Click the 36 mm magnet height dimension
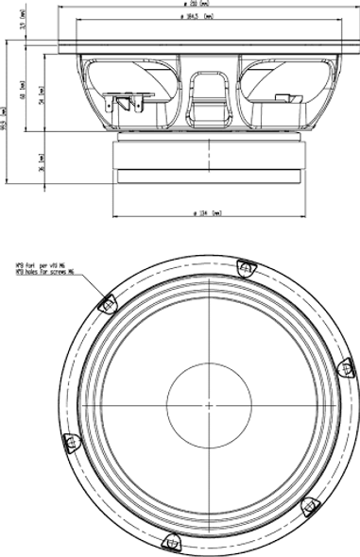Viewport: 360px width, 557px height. tap(41, 161)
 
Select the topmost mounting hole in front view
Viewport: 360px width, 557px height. tap(248, 269)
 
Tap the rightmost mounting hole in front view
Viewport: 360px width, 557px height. tap(345, 366)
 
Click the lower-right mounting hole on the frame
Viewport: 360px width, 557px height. tap(310, 507)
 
